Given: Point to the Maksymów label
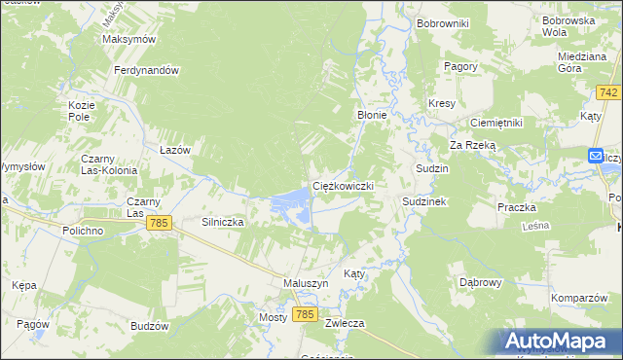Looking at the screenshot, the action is (x=129, y=40).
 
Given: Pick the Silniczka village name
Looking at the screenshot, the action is (x=222, y=222).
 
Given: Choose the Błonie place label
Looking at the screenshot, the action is (x=372, y=115).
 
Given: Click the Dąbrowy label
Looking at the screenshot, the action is (x=480, y=282).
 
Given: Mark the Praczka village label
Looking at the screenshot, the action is (x=517, y=207).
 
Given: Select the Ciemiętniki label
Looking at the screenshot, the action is (x=496, y=124).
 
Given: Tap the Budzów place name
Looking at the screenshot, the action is (x=149, y=326).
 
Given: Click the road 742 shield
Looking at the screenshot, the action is (x=609, y=92).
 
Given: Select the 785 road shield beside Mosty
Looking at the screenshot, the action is (x=305, y=315).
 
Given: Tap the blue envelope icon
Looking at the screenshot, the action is (x=596, y=156).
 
